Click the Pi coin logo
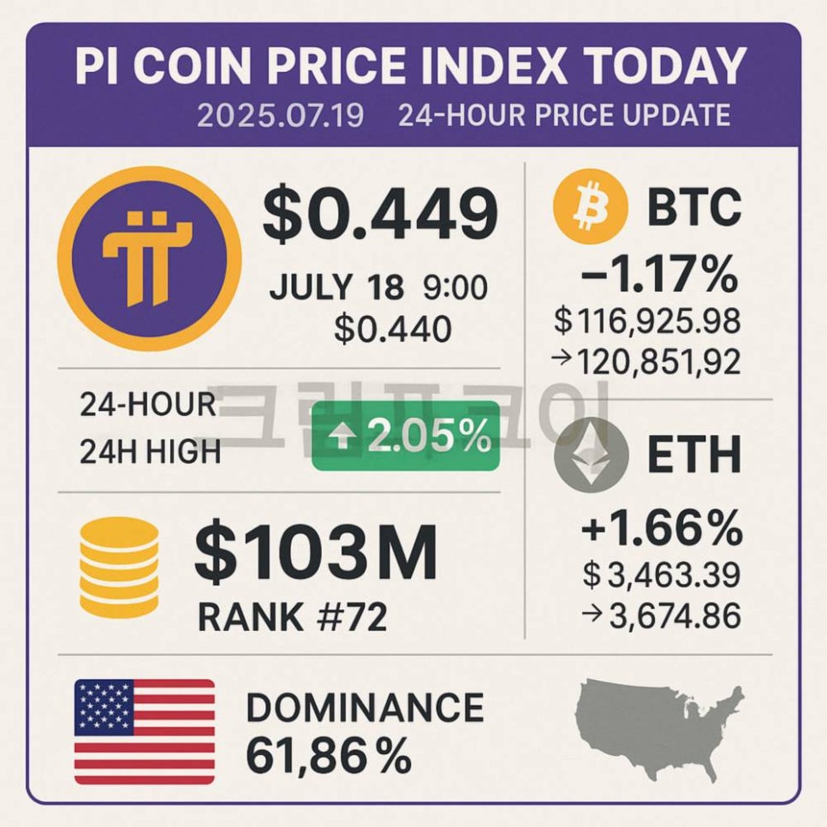[x=149, y=259]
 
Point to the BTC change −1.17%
[x=659, y=276]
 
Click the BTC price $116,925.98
[x=648, y=322]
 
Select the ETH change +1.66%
[x=662, y=530]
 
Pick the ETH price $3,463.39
[x=661, y=574]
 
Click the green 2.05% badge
[x=406, y=437]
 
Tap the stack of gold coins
[x=118, y=567]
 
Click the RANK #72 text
[x=292, y=616]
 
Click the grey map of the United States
[x=660, y=727]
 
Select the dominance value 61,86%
[x=328, y=756]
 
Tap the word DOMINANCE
[x=364, y=708]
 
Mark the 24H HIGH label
[x=150, y=450]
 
